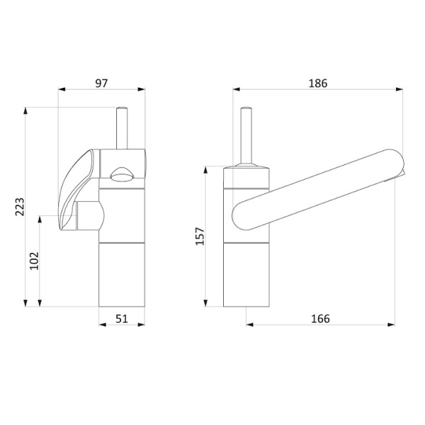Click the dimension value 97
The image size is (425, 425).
click(x=101, y=83)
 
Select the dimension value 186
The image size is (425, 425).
click(x=318, y=83)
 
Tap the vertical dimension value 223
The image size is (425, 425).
click(x=20, y=207)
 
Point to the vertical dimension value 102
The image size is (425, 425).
click(x=35, y=261)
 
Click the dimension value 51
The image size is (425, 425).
click(x=122, y=319)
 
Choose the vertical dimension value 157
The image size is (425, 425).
click(x=200, y=237)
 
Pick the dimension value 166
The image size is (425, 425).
click(x=320, y=319)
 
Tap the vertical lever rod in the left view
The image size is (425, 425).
click(x=122, y=128)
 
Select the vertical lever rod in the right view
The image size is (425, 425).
click(x=246, y=136)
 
